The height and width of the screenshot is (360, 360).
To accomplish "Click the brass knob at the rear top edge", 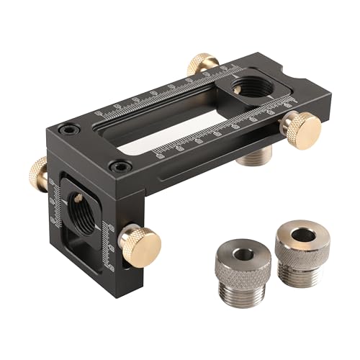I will (x=202, y=64).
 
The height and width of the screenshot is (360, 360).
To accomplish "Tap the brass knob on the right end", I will (x=300, y=128).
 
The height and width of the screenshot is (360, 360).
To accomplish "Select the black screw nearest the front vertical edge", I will (x=114, y=167).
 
